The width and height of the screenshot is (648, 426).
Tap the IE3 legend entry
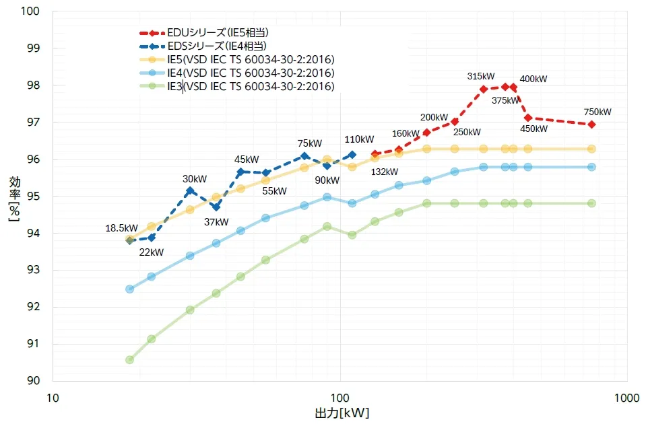250,86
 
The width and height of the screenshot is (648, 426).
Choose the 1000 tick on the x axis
627,397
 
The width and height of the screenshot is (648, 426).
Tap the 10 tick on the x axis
52,397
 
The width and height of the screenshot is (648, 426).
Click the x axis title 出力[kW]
342,412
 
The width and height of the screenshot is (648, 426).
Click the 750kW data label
597,112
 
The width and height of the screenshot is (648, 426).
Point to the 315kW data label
481,77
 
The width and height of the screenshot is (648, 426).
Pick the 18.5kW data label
121,228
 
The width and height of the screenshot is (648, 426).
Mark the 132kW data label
385,172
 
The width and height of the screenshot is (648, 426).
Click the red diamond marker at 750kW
591,125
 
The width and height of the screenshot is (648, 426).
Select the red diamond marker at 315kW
483,89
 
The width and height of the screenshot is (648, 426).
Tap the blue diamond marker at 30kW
190,190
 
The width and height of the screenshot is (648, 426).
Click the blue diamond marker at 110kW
352,155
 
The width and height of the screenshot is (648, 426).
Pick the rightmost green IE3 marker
591,203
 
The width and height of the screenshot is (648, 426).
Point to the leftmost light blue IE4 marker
130,289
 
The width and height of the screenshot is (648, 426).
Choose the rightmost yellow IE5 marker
591,149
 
